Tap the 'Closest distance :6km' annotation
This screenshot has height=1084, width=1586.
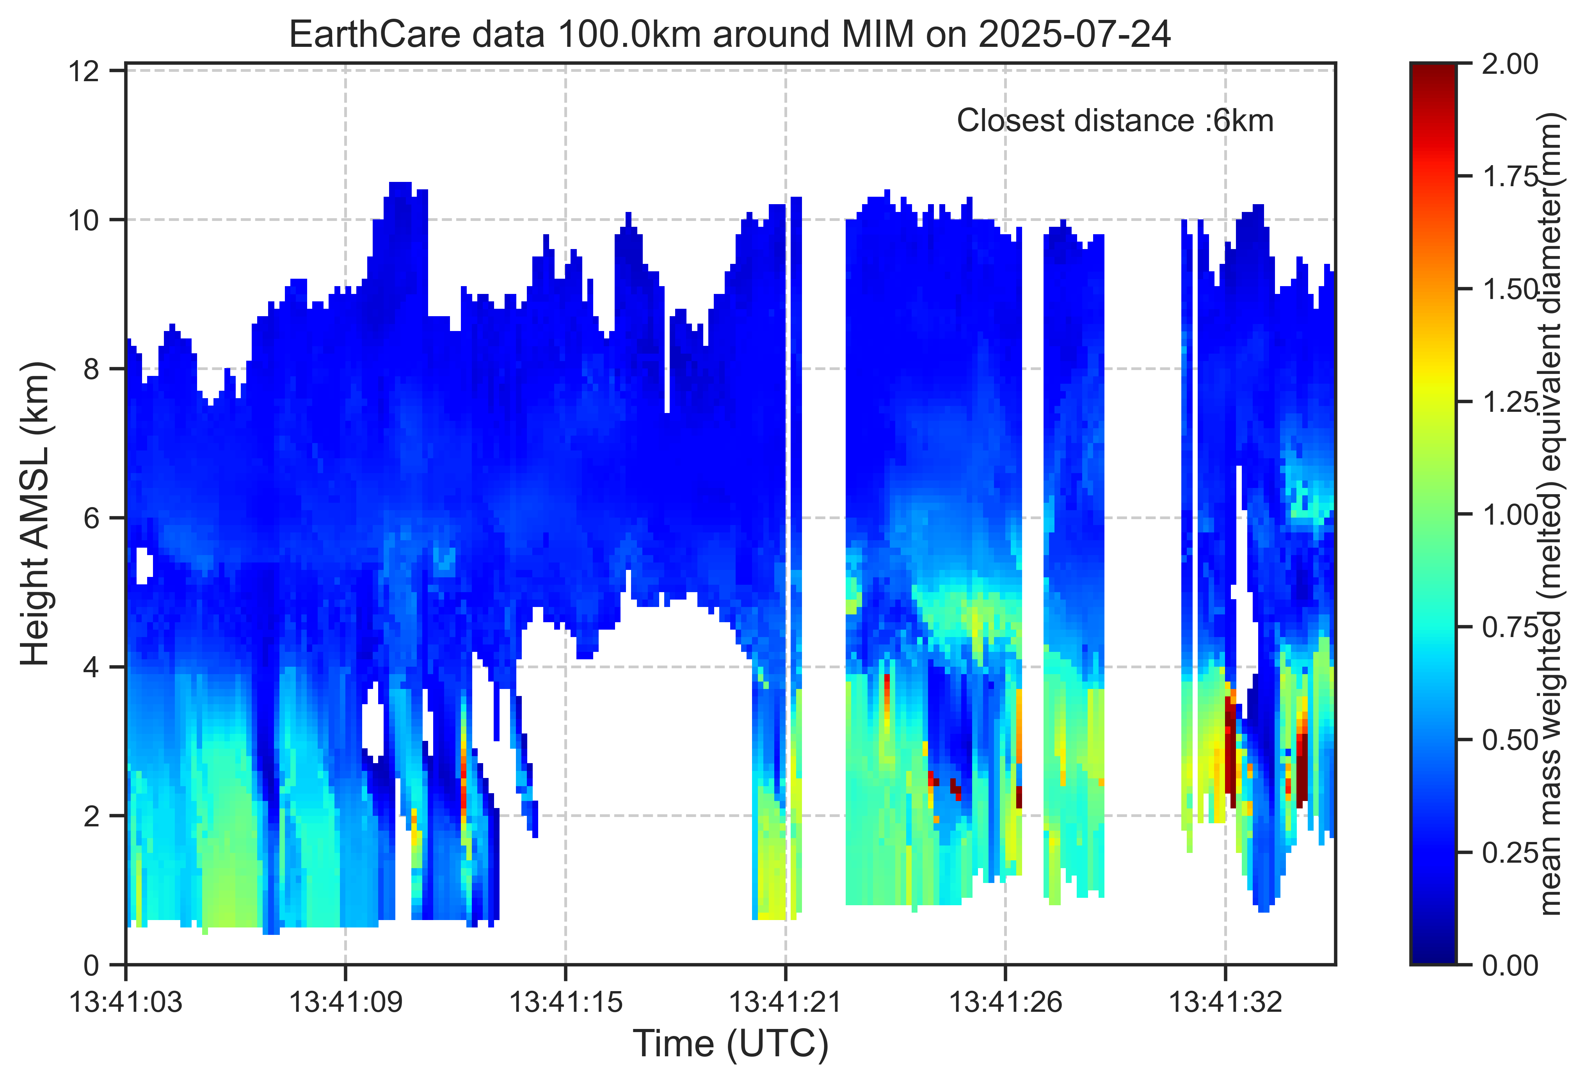click(x=1115, y=121)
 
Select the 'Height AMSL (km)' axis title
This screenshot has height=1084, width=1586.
click(x=36, y=514)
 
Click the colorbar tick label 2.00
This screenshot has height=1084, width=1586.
click(x=1510, y=65)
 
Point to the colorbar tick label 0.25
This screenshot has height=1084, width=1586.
click(x=1510, y=853)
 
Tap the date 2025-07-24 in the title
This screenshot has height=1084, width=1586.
click(x=1075, y=34)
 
